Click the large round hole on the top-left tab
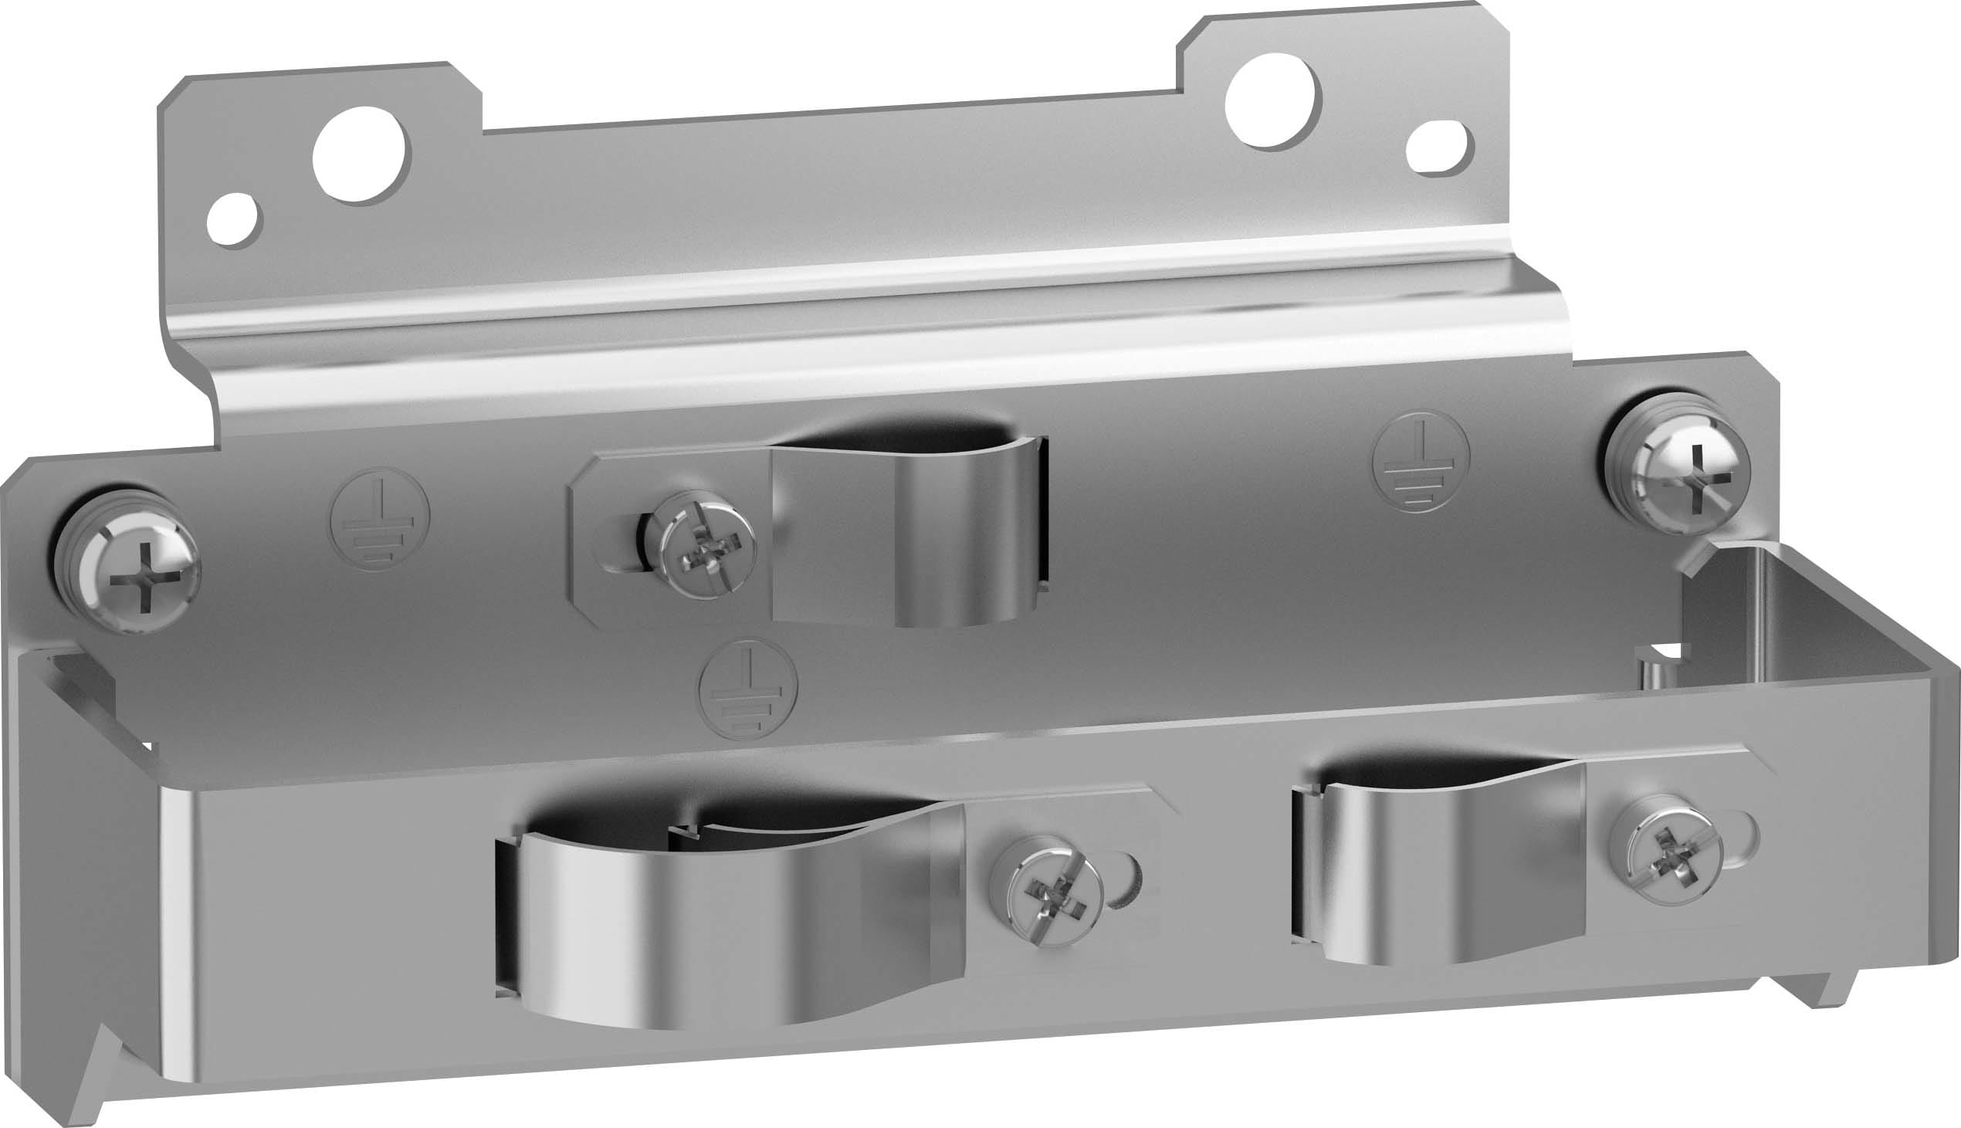pos(361,155)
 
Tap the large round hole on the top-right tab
pos(1272,100)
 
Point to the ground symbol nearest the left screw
pos(379,518)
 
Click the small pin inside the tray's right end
pos(1648,668)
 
